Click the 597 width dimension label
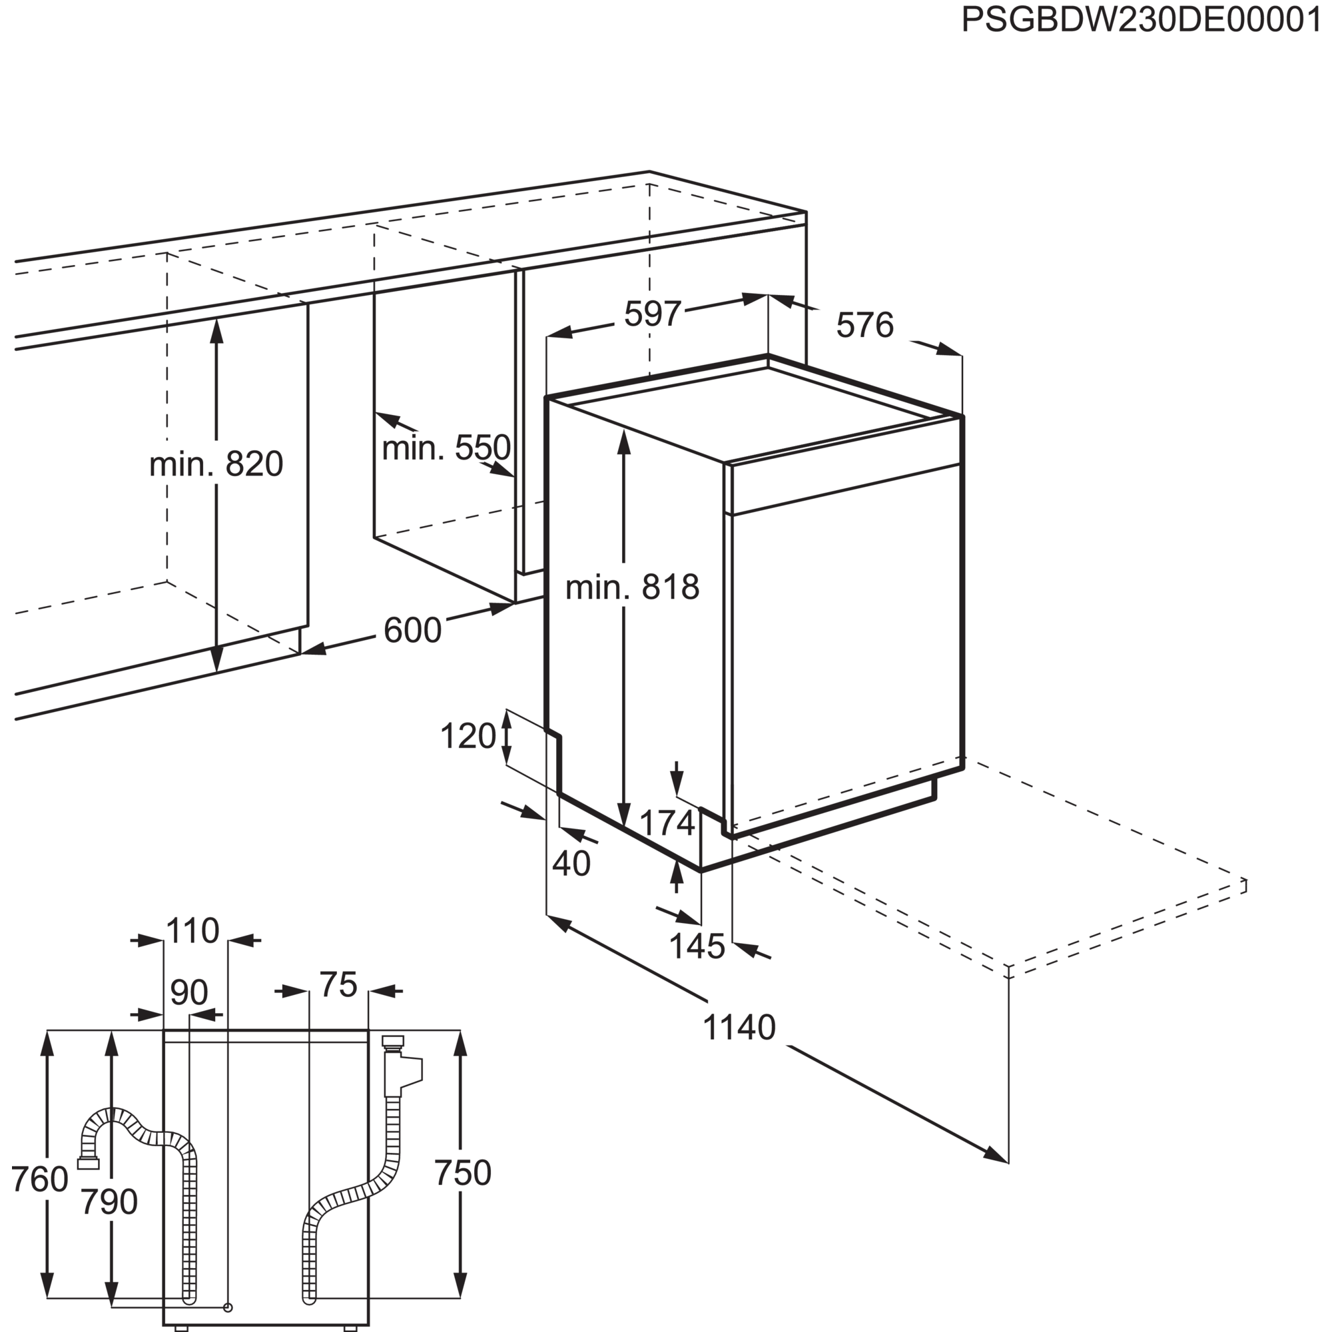coord(651,315)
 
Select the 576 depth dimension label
coord(864,326)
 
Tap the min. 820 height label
coord(216,464)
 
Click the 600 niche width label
coord(412,629)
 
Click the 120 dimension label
coord(468,737)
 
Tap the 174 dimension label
coord(667,823)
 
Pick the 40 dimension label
coord(571,863)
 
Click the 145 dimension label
coord(697,946)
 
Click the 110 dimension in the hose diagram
coord(193,932)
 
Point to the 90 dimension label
coord(188,994)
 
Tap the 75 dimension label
coord(338,985)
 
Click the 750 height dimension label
coord(464,1173)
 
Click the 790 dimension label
coord(110,1201)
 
